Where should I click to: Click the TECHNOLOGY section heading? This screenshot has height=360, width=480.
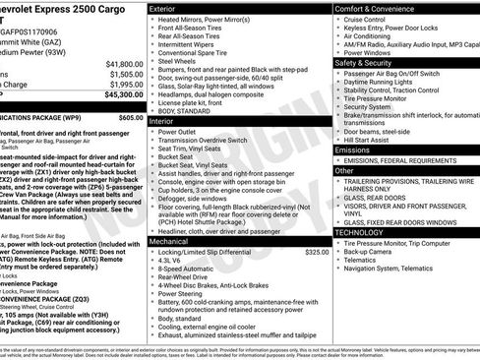click(361, 232)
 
